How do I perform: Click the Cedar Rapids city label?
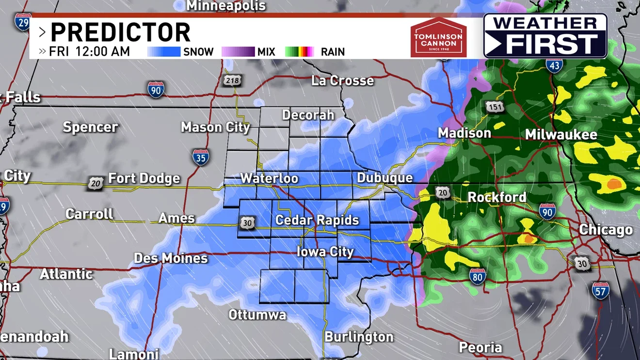pos(317,220)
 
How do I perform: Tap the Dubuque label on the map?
pos(384,178)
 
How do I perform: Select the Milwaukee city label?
pos(561,135)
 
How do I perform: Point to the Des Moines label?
pos(171,258)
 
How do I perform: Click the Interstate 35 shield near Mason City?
pos(201,158)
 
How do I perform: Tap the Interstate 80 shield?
pos(478,277)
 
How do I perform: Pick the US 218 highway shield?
pos(232,80)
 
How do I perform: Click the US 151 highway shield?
pos(494,108)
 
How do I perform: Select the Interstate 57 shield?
pos(600,290)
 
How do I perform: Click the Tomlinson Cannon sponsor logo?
pos(438,37)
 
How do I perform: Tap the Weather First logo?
pos(545,36)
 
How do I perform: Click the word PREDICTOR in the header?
pos(120,33)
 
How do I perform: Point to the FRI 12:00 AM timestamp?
pos(89,51)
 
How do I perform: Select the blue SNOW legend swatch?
pos(163,52)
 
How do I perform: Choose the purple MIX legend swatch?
pos(238,52)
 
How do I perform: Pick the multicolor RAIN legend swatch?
pos(299,52)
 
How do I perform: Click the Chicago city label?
pos(606,230)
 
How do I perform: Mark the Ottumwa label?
pos(257,315)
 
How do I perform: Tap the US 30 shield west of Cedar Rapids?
pos(247,223)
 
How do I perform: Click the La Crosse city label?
pos(342,80)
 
